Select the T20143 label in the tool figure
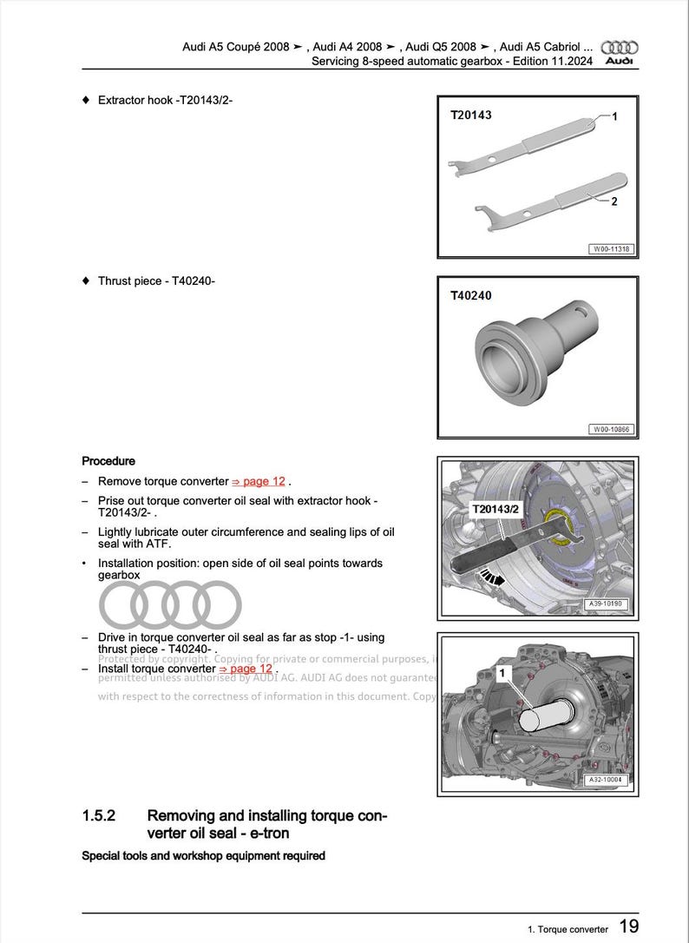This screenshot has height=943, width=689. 470,115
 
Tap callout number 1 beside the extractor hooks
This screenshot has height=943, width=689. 614,116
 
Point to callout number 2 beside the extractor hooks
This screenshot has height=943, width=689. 614,201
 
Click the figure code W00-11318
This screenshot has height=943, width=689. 612,249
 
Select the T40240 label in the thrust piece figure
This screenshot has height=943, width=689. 470,295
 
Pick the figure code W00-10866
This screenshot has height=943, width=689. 612,429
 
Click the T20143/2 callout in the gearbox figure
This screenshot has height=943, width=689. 495,509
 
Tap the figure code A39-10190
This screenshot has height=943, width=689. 607,603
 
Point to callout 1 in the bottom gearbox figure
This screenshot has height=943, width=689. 502,672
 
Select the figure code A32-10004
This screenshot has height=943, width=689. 607,780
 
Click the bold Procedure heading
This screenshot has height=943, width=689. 108,461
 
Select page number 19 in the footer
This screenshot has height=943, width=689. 629,927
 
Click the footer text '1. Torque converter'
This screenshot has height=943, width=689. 568,929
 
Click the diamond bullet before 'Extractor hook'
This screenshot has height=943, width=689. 85,100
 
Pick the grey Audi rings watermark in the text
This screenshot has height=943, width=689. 170,604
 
